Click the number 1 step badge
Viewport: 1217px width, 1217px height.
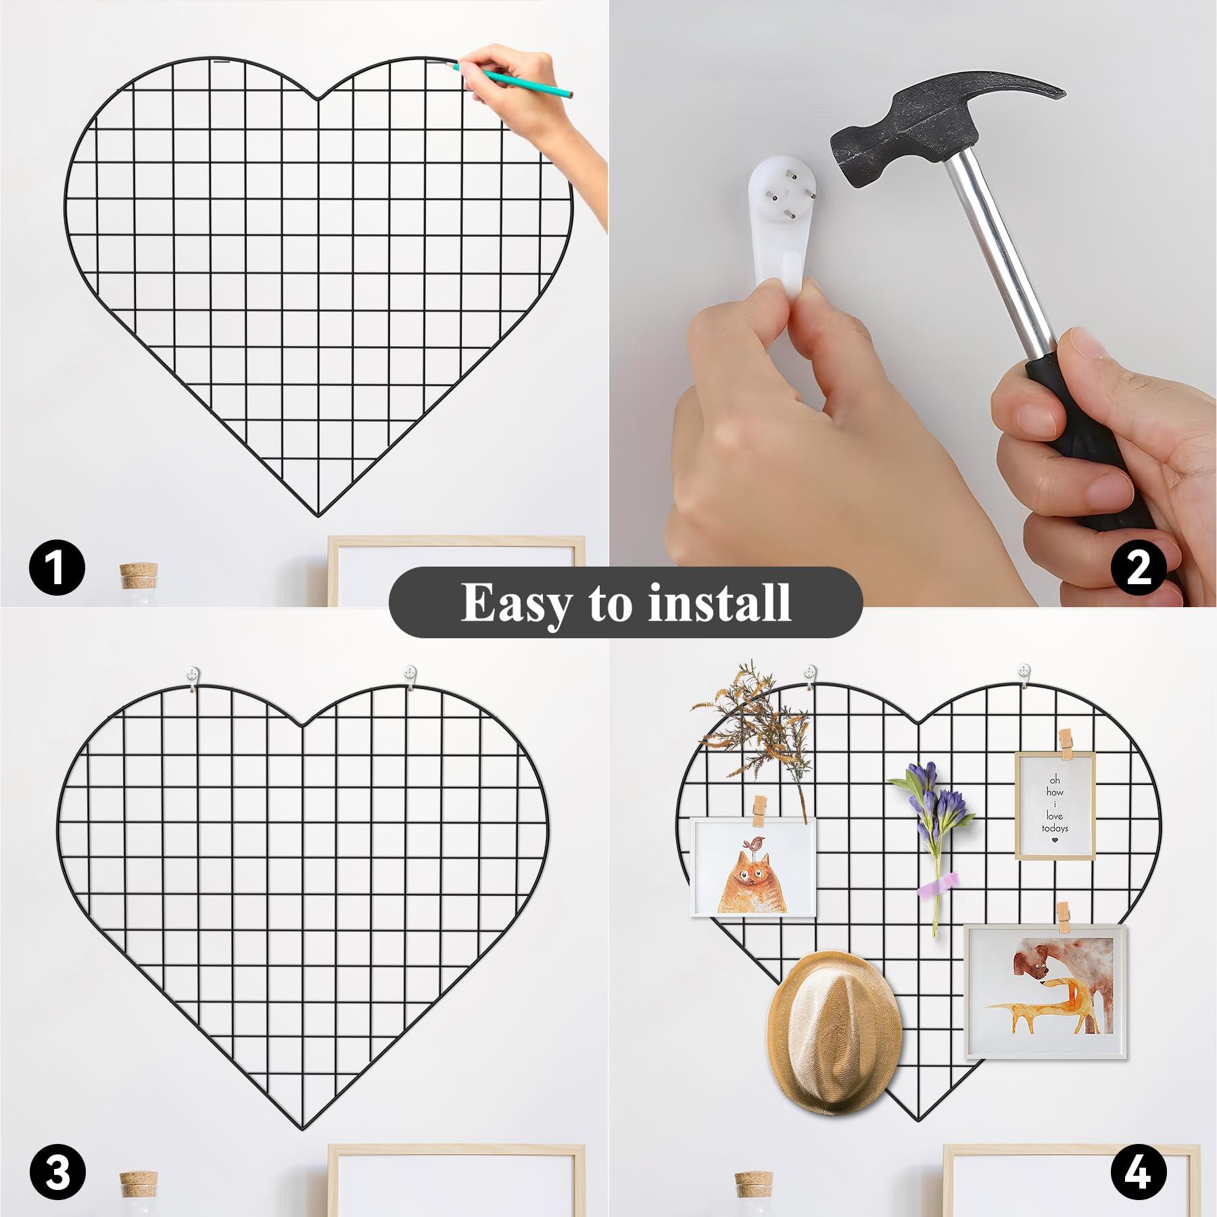[x=57, y=567]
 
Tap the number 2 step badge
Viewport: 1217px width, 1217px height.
[x=1139, y=567]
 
